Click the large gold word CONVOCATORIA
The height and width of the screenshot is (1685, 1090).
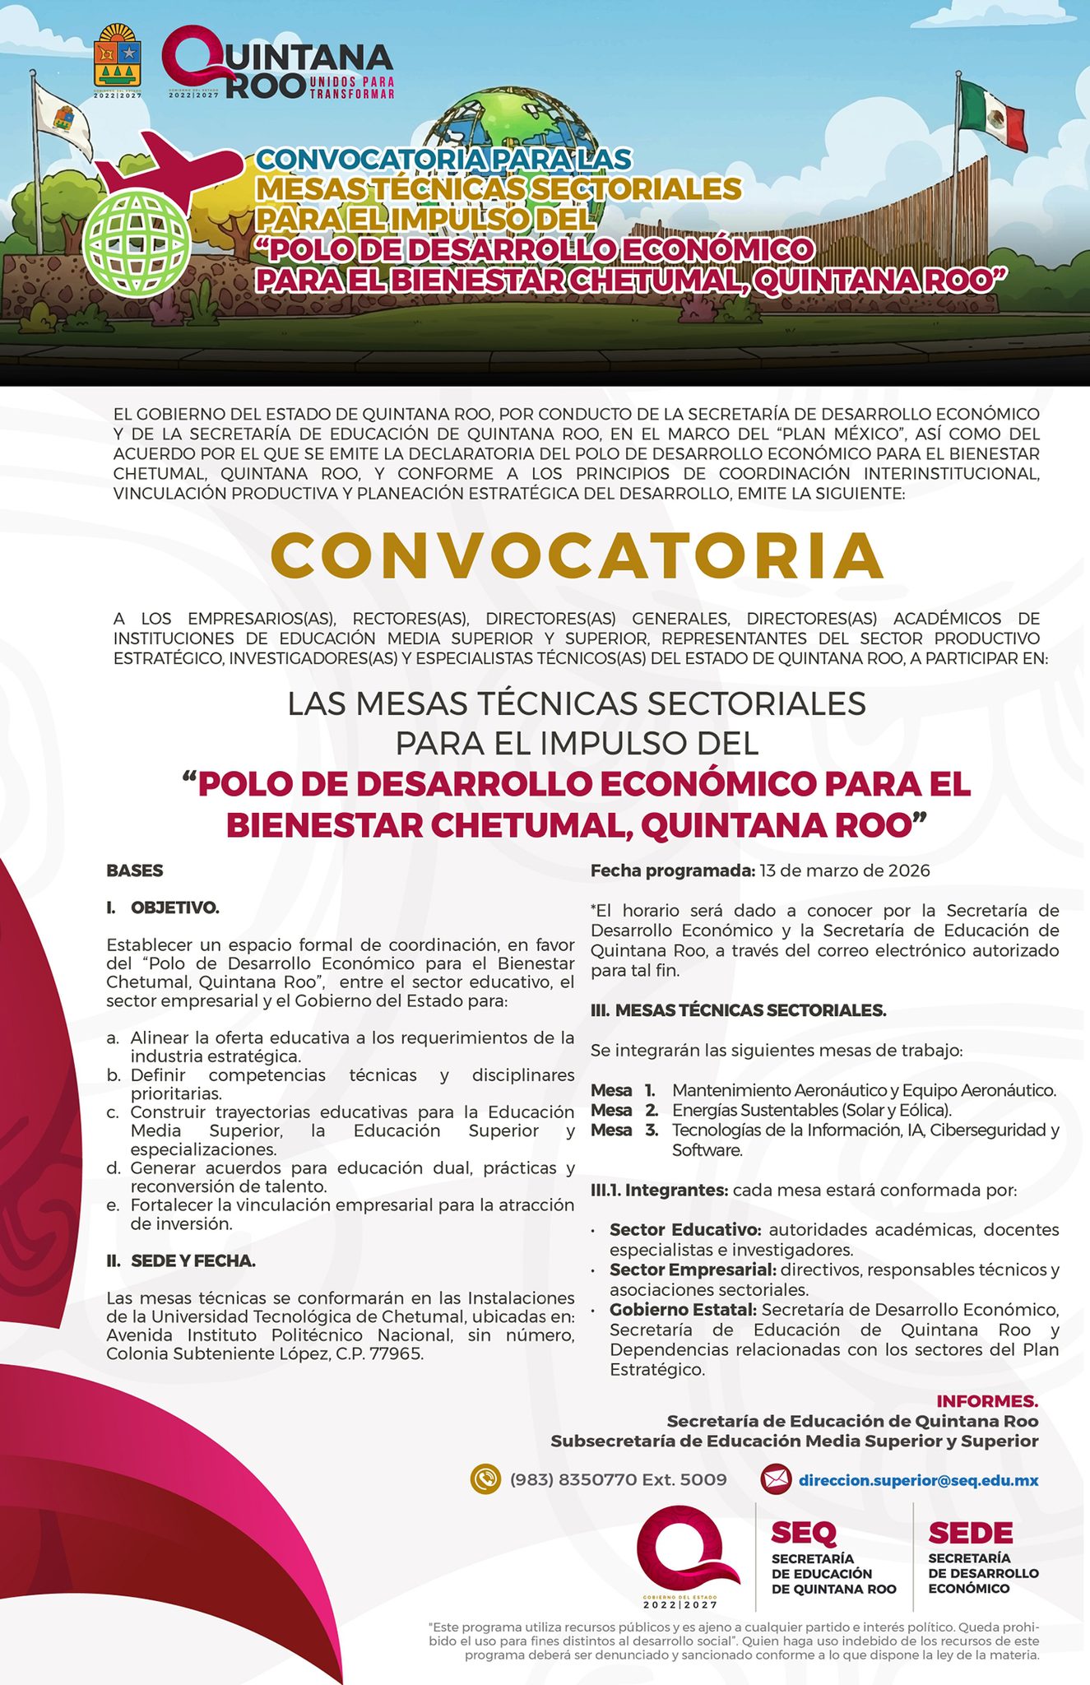tap(577, 556)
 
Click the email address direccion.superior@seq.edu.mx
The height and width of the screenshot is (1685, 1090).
tap(918, 1480)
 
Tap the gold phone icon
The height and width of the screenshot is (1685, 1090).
tap(485, 1479)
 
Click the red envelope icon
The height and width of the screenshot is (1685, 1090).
tap(776, 1479)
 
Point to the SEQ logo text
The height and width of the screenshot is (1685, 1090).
tap(804, 1533)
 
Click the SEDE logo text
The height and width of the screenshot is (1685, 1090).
tap(970, 1533)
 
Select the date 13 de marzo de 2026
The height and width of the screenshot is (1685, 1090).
tap(845, 870)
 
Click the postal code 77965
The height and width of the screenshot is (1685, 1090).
tap(397, 1353)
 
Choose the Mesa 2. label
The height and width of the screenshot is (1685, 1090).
tap(624, 1110)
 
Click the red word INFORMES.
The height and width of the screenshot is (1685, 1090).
tap(987, 1400)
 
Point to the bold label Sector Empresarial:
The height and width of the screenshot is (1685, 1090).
tap(693, 1270)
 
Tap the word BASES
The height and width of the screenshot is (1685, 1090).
tap(135, 870)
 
